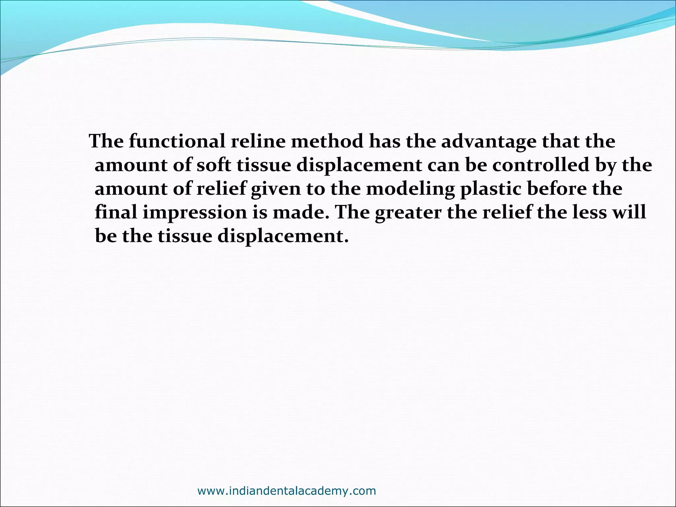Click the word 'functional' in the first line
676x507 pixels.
pos(177,142)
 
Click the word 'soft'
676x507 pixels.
pos(214,165)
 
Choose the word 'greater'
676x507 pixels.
pos(408,213)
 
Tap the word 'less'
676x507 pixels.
pos(590,212)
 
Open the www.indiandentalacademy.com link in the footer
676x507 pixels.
pos(287,491)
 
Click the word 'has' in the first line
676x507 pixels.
pos(385,142)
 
